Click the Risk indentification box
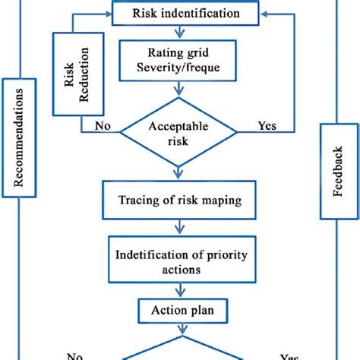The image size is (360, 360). click(x=180, y=13)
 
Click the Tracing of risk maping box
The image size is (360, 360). click(x=180, y=200)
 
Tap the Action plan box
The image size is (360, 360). click(x=180, y=311)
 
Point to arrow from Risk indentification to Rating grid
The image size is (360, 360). click(x=180, y=31)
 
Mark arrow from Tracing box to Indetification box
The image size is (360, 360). click(x=180, y=226)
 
